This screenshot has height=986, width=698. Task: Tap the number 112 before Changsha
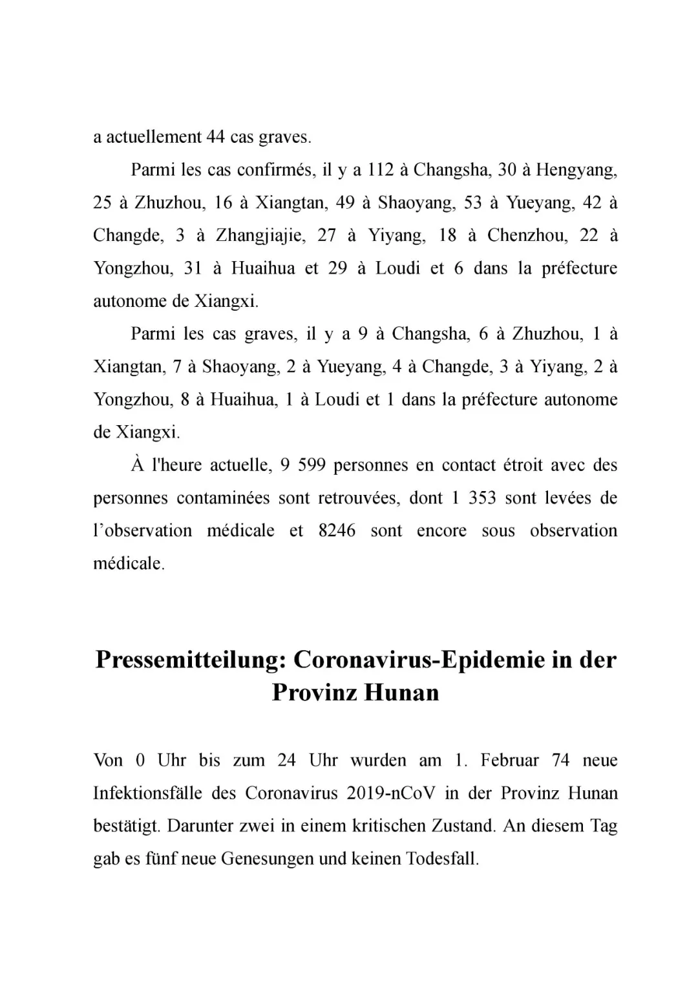pyautogui.click(x=381, y=170)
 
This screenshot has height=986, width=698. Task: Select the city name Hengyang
pyautogui.click(x=576, y=170)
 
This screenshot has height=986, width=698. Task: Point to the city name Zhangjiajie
pyautogui.click(x=259, y=235)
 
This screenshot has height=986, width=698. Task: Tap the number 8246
pyautogui.click(x=337, y=530)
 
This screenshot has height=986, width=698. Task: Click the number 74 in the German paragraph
pyautogui.click(x=561, y=760)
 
